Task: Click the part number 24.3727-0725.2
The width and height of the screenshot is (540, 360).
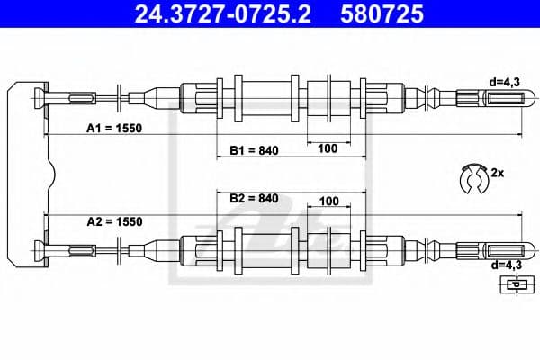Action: coord(212,14)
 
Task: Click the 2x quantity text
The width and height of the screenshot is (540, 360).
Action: coord(497,170)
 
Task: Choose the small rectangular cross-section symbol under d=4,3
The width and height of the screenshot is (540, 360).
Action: coord(514,285)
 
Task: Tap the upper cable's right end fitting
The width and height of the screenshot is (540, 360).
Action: coord(490,94)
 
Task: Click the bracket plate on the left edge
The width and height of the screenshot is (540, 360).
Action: coord(25,171)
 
